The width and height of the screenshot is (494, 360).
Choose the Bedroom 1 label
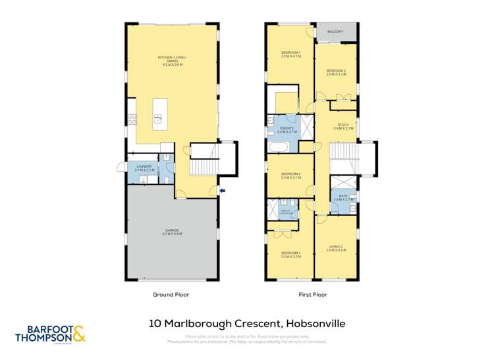tap(291, 55)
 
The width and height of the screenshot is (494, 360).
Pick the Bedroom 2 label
tap(336, 72)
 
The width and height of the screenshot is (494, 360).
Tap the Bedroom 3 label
tap(290, 255)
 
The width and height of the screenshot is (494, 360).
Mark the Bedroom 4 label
tap(290, 176)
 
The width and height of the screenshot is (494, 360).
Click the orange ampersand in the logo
tap(78, 336)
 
